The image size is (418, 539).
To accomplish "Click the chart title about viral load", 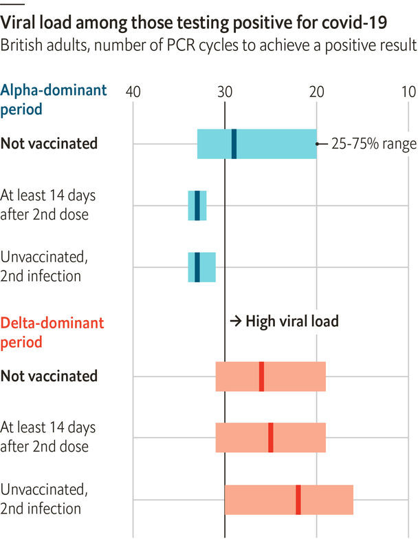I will (x=194, y=23).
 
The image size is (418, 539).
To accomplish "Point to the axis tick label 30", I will (x=225, y=92).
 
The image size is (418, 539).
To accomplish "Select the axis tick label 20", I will (x=316, y=92).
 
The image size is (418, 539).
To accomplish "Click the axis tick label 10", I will (x=408, y=92).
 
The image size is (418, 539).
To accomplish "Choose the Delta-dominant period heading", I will (x=52, y=332).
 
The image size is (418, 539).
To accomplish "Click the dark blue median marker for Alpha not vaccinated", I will (x=234, y=144).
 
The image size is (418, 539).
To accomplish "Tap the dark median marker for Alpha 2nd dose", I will (x=197, y=205).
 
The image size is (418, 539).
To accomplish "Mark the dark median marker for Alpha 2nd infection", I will (x=197, y=267).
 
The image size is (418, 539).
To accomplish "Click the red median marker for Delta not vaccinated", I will (x=261, y=377).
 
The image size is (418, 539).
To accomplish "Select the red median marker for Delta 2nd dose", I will (x=271, y=438).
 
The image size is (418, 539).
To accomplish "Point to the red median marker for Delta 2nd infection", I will (x=298, y=500).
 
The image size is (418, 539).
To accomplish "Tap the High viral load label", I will (x=292, y=321).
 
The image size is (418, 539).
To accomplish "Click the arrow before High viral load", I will (x=234, y=321).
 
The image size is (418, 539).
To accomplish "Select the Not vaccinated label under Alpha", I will (x=49, y=144).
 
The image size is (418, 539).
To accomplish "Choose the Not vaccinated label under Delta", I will (x=49, y=377).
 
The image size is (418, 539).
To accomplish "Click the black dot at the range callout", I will (x=317, y=144).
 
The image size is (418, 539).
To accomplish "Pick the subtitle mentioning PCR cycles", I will (x=208, y=46).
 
